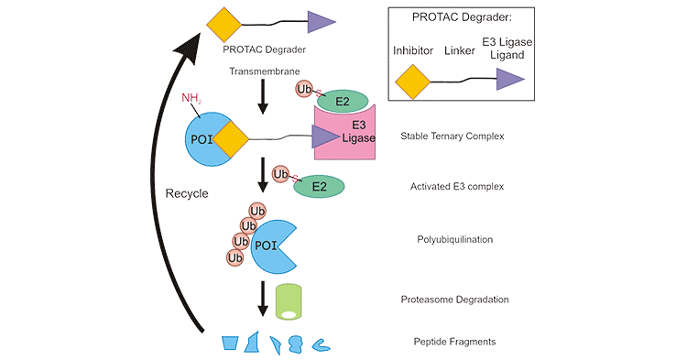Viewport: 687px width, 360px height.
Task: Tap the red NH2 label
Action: point(191,98)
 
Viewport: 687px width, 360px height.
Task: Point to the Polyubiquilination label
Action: point(455,239)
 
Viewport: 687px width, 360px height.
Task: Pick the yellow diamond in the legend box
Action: point(414,81)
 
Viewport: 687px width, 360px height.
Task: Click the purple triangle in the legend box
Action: point(510,81)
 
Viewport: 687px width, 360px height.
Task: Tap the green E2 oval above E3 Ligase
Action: point(342,98)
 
